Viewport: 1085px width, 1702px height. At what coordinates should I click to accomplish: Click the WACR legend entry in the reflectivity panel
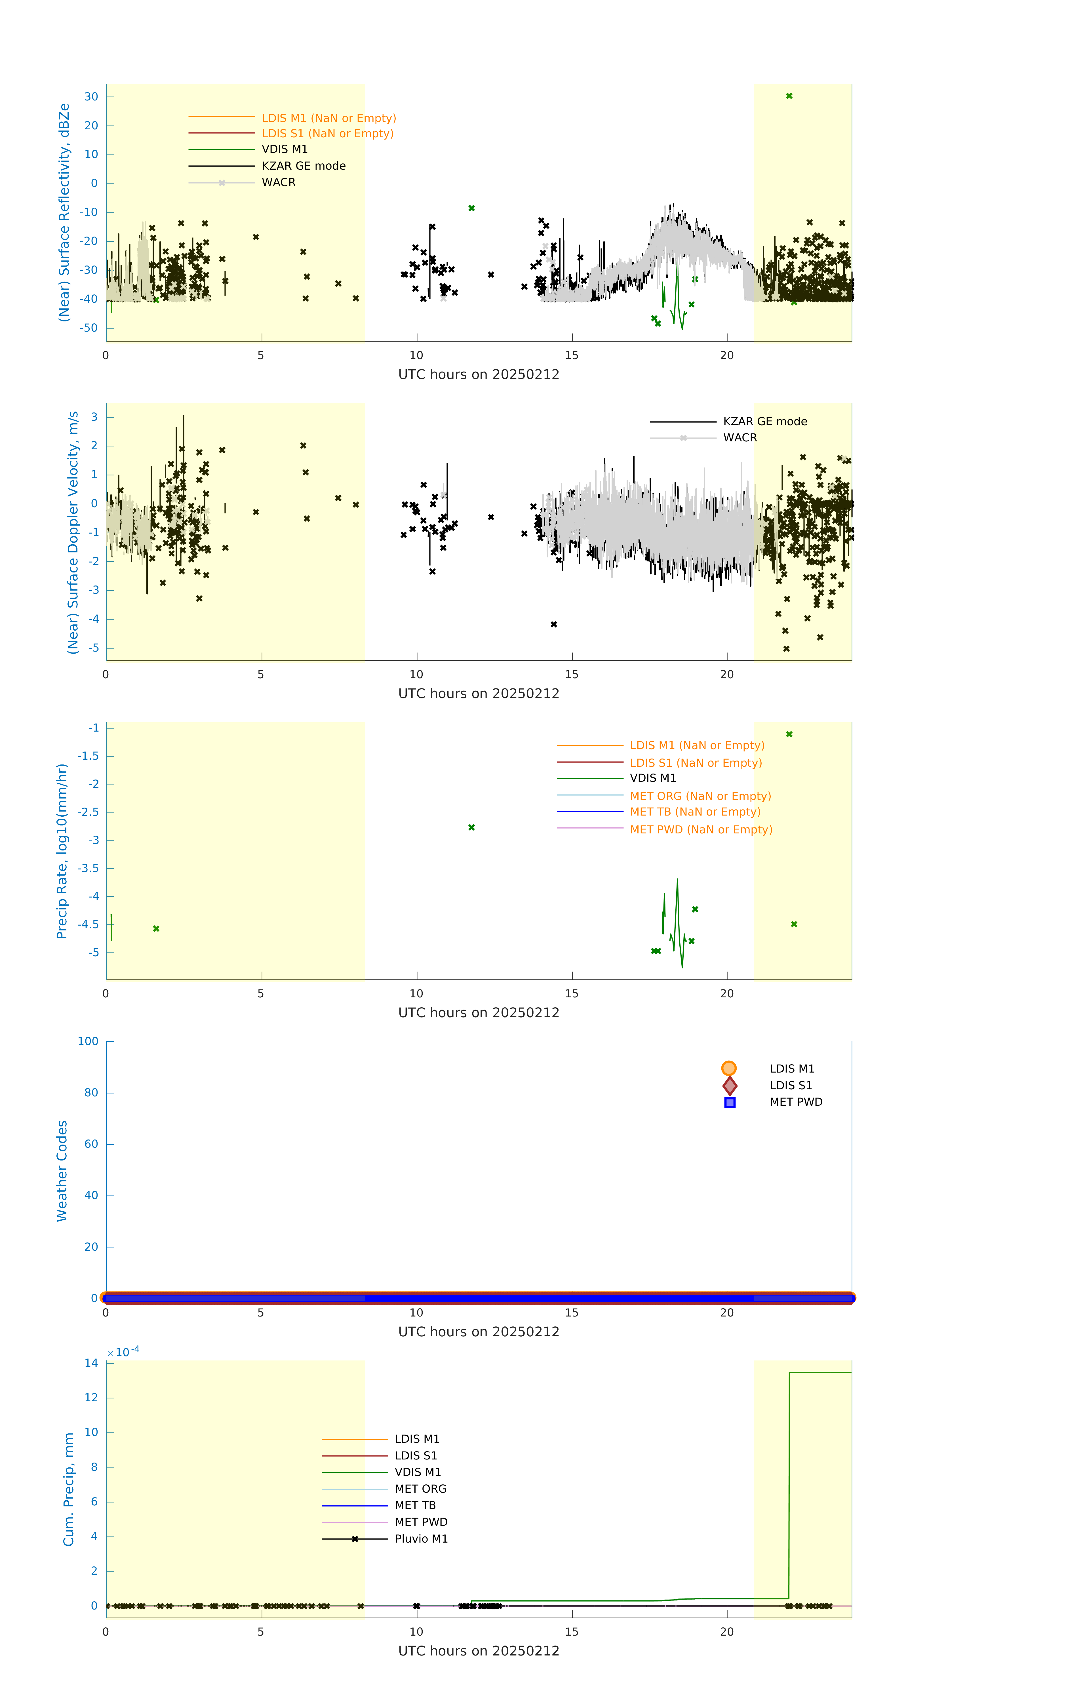279,182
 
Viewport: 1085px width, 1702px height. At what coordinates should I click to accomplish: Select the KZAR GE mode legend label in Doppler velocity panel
765,421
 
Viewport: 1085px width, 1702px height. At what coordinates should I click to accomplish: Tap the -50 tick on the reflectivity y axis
89,328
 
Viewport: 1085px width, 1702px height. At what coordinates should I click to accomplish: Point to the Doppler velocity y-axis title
73,532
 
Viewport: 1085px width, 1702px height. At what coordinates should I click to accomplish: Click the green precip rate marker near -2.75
471,827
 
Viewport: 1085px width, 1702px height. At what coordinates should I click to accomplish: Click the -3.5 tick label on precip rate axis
88,868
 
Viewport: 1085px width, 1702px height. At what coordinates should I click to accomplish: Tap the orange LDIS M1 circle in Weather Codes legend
729,1068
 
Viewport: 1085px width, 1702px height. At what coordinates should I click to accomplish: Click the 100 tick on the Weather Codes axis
88,1041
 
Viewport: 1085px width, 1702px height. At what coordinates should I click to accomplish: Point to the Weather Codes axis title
62,1170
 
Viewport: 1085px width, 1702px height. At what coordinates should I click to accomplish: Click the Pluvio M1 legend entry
421,1539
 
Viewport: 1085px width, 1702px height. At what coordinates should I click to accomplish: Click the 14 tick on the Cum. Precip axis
91,1363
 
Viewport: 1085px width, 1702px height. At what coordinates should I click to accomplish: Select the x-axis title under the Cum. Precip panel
479,1650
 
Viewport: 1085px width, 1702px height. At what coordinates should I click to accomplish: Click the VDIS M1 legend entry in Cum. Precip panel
417,1472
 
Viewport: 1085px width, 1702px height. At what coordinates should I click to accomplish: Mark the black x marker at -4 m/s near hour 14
553,624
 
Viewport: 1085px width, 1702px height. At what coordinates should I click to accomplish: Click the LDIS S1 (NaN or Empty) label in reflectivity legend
327,134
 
